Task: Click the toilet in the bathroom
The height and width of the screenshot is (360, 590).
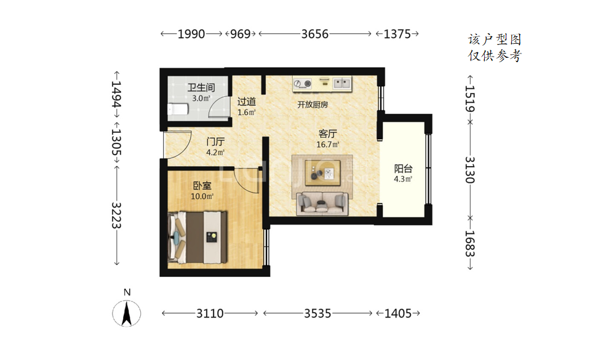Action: pyautogui.click(x=178, y=109)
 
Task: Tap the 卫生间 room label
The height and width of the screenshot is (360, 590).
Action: pyautogui.click(x=201, y=88)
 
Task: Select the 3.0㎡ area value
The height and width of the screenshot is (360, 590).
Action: pyautogui.click(x=201, y=98)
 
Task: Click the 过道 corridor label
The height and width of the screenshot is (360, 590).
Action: pyautogui.click(x=247, y=102)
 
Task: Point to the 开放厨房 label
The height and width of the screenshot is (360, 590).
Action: pyautogui.click(x=313, y=105)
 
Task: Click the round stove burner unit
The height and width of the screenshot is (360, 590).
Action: pyautogui.click(x=303, y=84)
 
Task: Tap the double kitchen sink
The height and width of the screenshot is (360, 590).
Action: pyautogui.click(x=341, y=83)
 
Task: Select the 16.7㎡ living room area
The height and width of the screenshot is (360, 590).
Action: pyautogui.click(x=328, y=144)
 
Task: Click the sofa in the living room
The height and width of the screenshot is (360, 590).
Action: pyautogui.click(x=322, y=203)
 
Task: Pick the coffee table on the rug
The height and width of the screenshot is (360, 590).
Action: pyautogui.click(x=322, y=173)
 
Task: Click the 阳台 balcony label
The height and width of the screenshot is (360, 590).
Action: pyautogui.click(x=403, y=169)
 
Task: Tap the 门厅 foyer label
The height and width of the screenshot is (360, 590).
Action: pyautogui.click(x=215, y=142)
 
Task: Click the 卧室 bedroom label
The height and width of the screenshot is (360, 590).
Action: pyautogui.click(x=202, y=186)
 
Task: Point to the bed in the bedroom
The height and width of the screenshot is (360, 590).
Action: pyautogui.click(x=197, y=238)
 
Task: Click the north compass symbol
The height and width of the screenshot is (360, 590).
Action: pyautogui.click(x=127, y=313)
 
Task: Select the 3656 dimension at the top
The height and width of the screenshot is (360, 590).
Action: pyautogui.click(x=315, y=34)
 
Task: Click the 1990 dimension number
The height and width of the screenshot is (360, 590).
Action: pyautogui.click(x=191, y=34)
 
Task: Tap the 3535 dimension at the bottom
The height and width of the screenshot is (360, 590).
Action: pyautogui.click(x=317, y=313)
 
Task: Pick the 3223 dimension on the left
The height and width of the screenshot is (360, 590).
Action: pyautogui.click(x=116, y=215)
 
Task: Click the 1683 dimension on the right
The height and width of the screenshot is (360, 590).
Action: pyautogui.click(x=470, y=244)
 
